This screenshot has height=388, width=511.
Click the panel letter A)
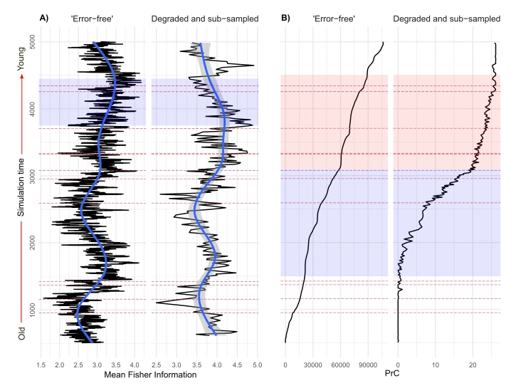coord(44,18)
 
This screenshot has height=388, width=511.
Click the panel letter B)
coord(285,18)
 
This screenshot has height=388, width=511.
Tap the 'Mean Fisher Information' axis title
coord(150,375)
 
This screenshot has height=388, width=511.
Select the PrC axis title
coord(392,373)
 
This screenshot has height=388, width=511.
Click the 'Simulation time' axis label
coord(21,187)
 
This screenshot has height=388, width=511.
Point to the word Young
coord(21,58)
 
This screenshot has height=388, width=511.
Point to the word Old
coord(21,333)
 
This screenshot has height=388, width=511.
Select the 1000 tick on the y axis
coord(33,310)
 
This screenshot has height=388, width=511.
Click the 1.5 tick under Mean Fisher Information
coord(41,365)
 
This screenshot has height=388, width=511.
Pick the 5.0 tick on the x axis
coord(258,365)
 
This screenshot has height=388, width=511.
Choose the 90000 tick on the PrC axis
coord(368,365)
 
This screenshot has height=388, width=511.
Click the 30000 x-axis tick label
coord(313,365)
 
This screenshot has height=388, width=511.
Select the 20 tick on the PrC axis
coord(473,365)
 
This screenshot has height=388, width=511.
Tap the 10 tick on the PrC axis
coord(436,365)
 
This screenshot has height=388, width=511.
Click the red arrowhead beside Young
coord(21,76)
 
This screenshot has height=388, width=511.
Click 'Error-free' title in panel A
coord(92,19)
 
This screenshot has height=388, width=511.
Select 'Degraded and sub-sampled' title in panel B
coord(447,19)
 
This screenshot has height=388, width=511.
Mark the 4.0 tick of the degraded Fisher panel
coord(217,365)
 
